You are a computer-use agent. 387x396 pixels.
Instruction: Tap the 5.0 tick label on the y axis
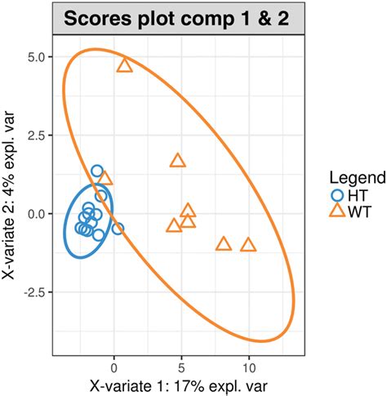tap(37, 57)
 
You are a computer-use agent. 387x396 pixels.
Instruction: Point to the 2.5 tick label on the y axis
tap(37, 136)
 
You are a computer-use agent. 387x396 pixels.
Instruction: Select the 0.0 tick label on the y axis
tap(37, 214)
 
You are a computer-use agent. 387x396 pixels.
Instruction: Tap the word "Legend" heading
tap(353, 177)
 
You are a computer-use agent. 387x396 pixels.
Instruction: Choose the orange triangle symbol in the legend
tap(336, 211)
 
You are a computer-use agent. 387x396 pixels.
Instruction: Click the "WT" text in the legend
tap(358, 211)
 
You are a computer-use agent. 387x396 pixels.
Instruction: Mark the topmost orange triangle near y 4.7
tap(124, 65)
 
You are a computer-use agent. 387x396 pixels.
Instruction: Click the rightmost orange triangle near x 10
tap(247, 244)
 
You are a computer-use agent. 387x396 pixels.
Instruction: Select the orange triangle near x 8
tap(224, 243)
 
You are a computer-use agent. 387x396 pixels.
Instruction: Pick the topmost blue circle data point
tap(97, 171)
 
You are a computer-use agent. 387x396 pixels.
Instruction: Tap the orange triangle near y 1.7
tap(177, 160)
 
